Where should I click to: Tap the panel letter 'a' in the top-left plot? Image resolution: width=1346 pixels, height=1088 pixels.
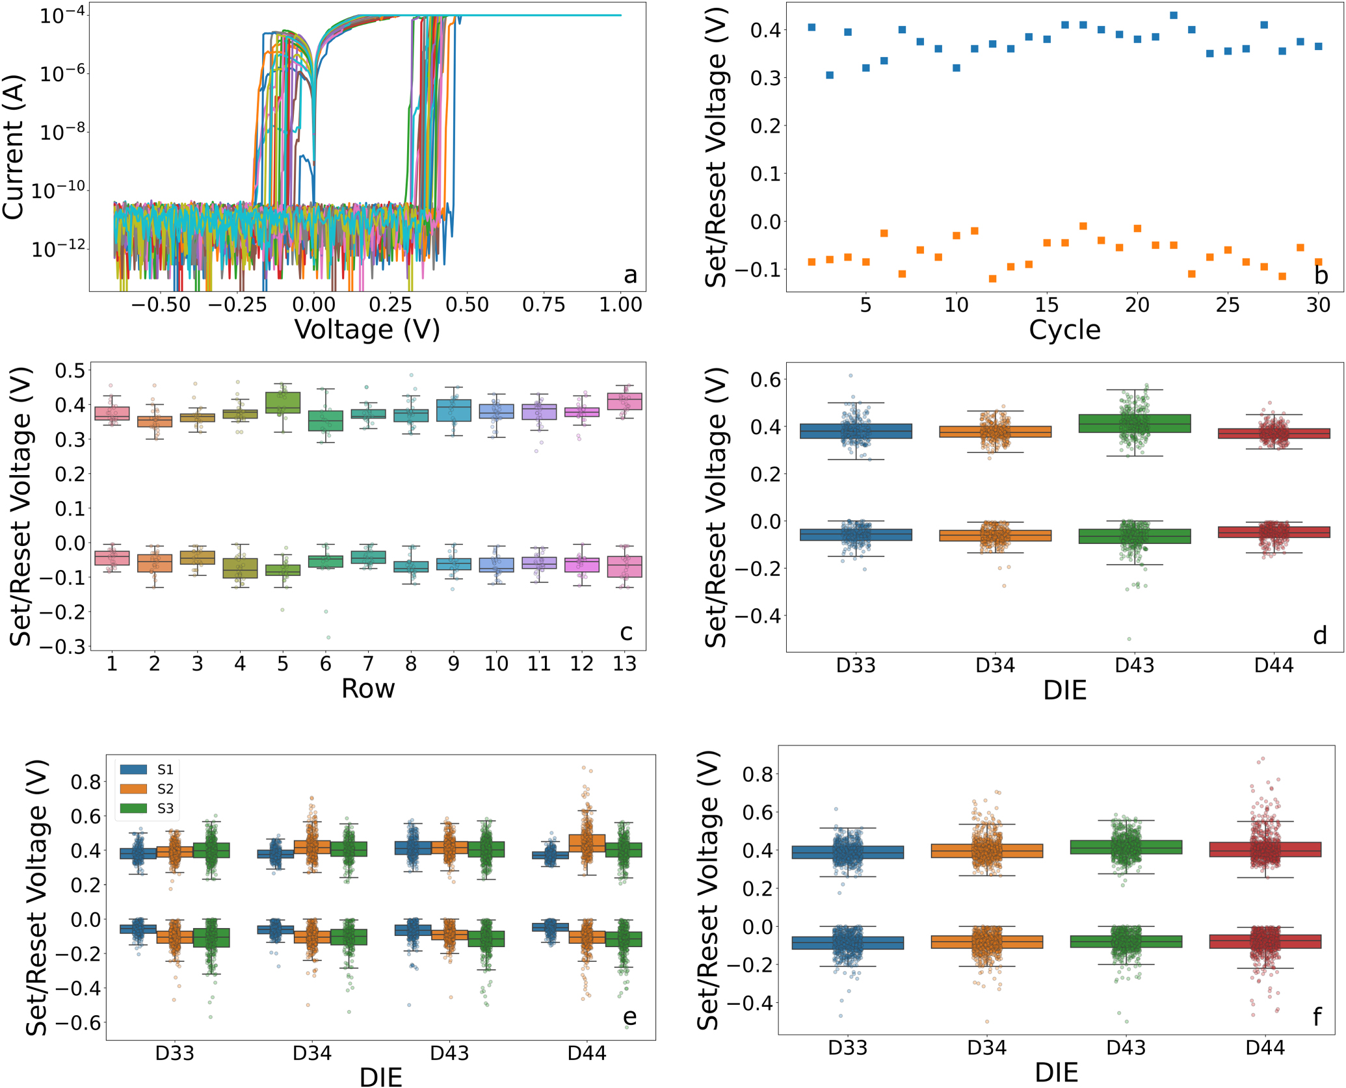click(x=630, y=275)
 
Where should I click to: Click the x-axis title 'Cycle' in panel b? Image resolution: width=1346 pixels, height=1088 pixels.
click(x=1064, y=330)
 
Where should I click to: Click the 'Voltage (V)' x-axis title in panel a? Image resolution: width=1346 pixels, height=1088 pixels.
click(x=368, y=330)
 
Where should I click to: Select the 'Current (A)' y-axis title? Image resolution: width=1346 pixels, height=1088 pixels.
click(x=14, y=148)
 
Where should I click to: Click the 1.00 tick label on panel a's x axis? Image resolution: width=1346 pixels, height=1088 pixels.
click(x=620, y=305)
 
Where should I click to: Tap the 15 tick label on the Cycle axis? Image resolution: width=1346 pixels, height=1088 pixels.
click(x=1046, y=305)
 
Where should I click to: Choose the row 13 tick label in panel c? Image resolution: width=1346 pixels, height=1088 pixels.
click(x=624, y=664)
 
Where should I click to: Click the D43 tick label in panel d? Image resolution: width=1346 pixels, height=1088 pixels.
click(x=1134, y=666)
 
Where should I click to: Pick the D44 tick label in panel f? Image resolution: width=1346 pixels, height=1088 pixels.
click(x=1265, y=1048)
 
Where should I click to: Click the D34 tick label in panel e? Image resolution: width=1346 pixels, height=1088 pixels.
click(x=312, y=1054)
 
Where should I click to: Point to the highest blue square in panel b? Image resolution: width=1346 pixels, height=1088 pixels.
click(x=1174, y=16)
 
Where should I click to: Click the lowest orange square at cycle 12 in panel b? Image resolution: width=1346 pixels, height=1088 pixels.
click(x=992, y=279)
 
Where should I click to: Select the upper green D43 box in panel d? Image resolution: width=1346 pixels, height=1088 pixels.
click(x=1135, y=424)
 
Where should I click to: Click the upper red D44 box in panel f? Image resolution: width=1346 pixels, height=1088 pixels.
click(x=1265, y=849)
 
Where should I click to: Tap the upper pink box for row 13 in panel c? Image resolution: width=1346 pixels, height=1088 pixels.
click(x=624, y=401)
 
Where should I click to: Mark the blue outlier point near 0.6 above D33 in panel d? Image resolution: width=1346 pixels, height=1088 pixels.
click(x=851, y=376)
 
